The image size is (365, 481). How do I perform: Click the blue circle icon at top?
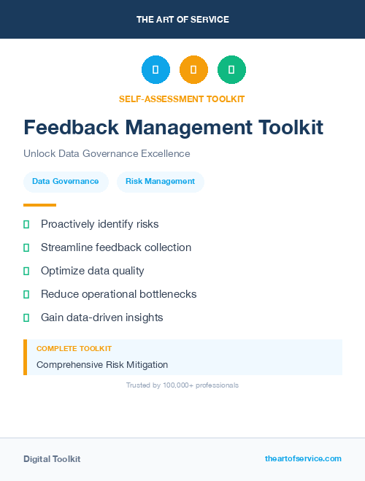[155, 69]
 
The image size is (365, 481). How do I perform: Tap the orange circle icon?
[193, 69]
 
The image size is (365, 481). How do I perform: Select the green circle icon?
[231, 69]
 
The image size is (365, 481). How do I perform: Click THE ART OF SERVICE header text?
[182, 20]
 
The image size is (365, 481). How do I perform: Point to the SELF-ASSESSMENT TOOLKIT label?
[182, 99]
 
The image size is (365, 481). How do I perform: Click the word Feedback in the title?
[66, 127]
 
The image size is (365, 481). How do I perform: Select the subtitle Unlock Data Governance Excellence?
[107, 154]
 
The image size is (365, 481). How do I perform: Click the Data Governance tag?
[66, 182]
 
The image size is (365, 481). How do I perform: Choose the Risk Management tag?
[160, 182]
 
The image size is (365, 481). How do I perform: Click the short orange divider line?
[39, 205]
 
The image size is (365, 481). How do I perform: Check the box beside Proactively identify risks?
[26, 224]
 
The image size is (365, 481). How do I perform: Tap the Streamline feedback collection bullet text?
[116, 247]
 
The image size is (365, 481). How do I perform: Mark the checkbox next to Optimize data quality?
[26, 271]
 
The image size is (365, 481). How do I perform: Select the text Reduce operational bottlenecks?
[118, 294]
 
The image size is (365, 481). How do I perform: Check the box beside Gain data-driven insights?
[26, 318]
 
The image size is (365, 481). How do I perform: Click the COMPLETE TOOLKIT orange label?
[74, 349]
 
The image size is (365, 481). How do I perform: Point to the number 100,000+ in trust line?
[179, 385]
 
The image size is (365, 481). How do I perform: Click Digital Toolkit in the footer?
[52, 459]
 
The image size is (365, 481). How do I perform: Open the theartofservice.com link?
[303, 458]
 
